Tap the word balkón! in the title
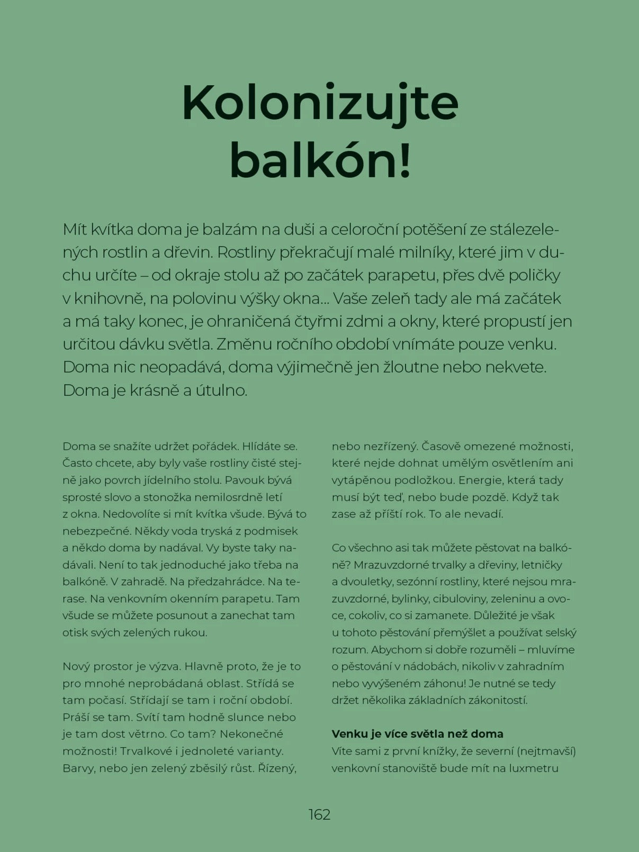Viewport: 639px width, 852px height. click(320, 161)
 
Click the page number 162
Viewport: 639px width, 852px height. click(319, 814)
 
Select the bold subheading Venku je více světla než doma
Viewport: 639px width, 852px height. click(417, 734)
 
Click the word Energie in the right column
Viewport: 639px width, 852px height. click(479, 481)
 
